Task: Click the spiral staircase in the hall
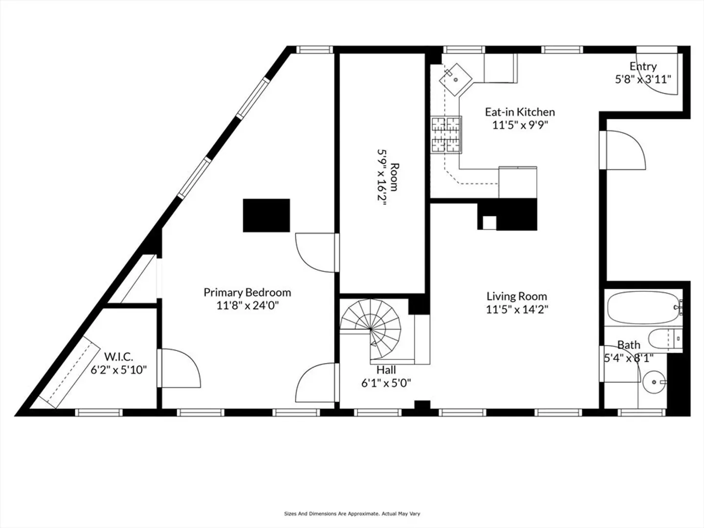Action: click(x=371, y=329)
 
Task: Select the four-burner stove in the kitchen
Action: click(x=446, y=134)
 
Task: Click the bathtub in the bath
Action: click(x=643, y=308)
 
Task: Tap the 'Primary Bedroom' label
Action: click(x=247, y=292)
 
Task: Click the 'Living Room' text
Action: click(x=517, y=296)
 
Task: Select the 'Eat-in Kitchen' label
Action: click(x=520, y=112)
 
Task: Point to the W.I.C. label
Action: click(x=119, y=356)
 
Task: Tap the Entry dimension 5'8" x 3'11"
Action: click(x=643, y=79)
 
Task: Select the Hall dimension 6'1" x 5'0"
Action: click(x=386, y=383)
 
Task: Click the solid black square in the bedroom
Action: click(x=266, y=216)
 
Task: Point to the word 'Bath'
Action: click(x=629, y=345)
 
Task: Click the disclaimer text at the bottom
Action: click(x=352, y=513)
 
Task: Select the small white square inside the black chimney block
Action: click(x=489, y=223)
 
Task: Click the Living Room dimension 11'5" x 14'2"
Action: click(x=517, y=309)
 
